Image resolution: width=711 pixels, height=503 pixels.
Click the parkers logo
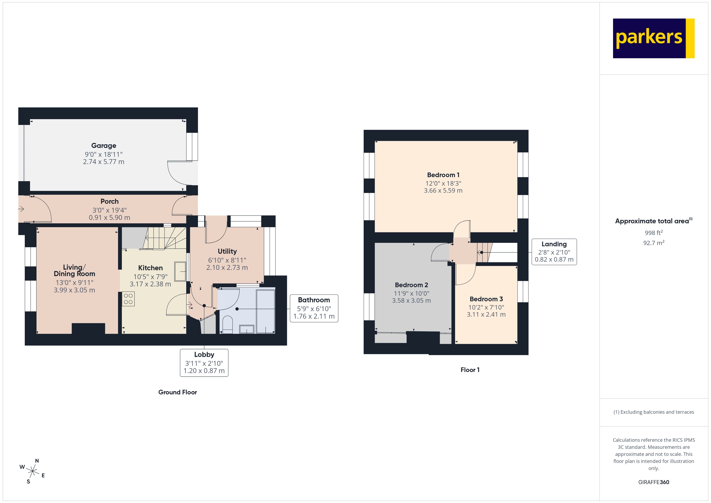pyautogui.click(x=653, y=38)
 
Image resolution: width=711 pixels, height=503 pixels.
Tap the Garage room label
pyautogui.click(x=104, y=145)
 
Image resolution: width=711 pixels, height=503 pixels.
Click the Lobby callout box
pyautogui.click(x=204, y=363)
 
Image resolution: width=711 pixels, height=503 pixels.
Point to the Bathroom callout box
pyautogui.click(x=314, y=308)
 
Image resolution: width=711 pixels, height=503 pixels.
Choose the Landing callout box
pyautogui.click(x=554, y=252)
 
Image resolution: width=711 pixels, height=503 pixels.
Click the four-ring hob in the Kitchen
pyautogui.click(x=128, y=299)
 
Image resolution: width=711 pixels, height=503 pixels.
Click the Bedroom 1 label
pyautogui.click(x=443, y=175)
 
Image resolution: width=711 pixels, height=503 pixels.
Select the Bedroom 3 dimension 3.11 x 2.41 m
pyautogui.click(x=486, y=314)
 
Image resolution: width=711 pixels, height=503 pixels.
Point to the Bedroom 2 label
pyautogui.click(x=411, y=285)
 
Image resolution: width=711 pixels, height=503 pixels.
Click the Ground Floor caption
pyautogui.click(x=177, y=392)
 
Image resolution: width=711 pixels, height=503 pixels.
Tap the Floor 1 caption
pyautogui.click(x=470, y=370)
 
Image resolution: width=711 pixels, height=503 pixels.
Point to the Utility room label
pyautogui.click(x=227, y=251)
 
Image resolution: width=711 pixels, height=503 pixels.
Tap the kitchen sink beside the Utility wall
pyautogui.click(x=180, y=271)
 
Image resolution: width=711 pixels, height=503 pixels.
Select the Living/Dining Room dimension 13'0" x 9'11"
pyautogui.click(x=74, y=283)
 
